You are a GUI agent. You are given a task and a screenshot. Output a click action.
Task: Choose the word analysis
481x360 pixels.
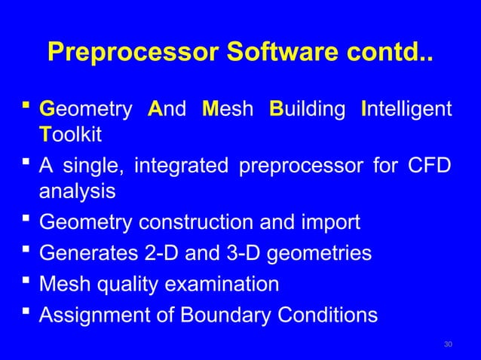pos(77,192)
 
